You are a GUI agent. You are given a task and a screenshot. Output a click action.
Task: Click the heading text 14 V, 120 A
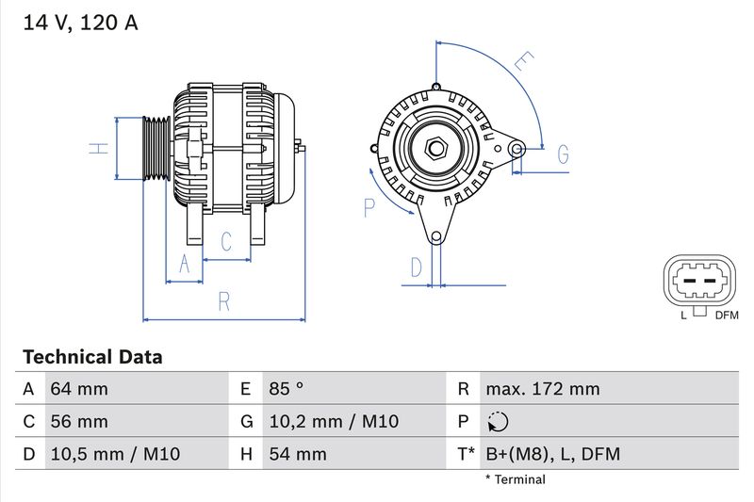(x=80, y=24)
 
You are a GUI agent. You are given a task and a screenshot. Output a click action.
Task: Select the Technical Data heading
(x=92, y=357)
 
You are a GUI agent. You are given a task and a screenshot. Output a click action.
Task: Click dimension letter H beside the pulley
(x=95, y=148)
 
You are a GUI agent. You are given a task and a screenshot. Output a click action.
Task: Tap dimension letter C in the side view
(x=226, y=242)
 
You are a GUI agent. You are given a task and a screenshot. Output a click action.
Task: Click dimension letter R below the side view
(x=224, y=301)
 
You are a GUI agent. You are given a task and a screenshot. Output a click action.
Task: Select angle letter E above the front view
(x=522, y=64)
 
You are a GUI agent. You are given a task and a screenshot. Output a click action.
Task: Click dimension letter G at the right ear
(x=563, y=154)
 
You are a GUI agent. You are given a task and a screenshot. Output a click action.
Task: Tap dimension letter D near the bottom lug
(x=416, y=267)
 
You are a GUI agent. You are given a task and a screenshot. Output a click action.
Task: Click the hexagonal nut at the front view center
(x=435, y=148)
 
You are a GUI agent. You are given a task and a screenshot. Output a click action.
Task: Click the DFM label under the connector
(x=727, y=316)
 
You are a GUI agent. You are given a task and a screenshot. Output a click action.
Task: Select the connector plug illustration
(x=699, y=280)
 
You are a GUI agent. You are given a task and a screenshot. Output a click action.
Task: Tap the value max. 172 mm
(x=542, y=389)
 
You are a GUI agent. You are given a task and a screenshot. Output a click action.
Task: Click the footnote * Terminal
(x=515, y=479)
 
